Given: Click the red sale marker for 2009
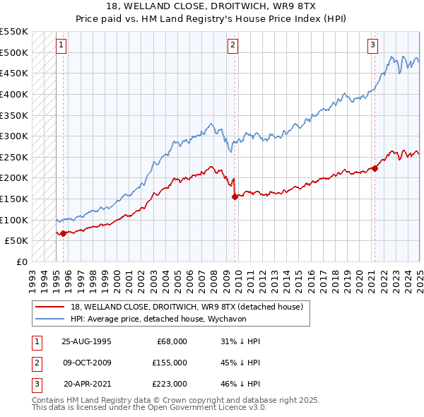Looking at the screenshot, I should click(x=235, y=197).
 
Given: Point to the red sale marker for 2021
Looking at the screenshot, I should click(x=375, y=168).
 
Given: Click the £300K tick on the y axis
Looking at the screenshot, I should click(x=16, y=136).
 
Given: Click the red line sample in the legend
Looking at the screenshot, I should click(x=49, y=307).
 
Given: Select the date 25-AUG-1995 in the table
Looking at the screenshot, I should click(x=86, y=341).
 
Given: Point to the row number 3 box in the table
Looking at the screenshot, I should click(x=35, y=384).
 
